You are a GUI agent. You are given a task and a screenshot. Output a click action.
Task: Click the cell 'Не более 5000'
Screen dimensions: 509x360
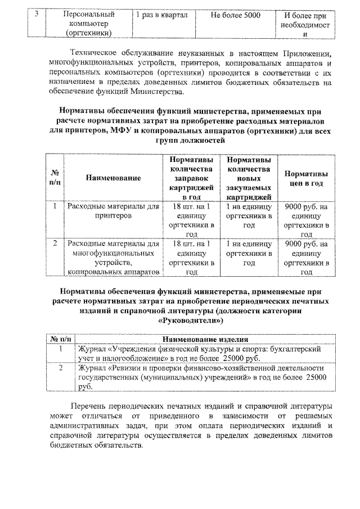point(236,16)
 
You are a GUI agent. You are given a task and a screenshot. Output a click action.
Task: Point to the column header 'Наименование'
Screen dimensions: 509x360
point(113,178)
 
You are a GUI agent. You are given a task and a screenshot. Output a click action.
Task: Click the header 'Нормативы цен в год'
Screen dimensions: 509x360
point(307,178)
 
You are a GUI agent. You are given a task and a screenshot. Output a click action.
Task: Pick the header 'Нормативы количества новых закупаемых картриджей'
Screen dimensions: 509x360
point(248,178)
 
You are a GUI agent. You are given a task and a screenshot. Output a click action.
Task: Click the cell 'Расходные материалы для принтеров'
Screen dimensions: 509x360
point(113,211)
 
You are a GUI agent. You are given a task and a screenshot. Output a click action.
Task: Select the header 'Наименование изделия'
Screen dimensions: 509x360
point(205,339)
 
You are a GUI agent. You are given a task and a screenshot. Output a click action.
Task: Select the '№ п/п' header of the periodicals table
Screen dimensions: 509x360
point(60,339)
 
